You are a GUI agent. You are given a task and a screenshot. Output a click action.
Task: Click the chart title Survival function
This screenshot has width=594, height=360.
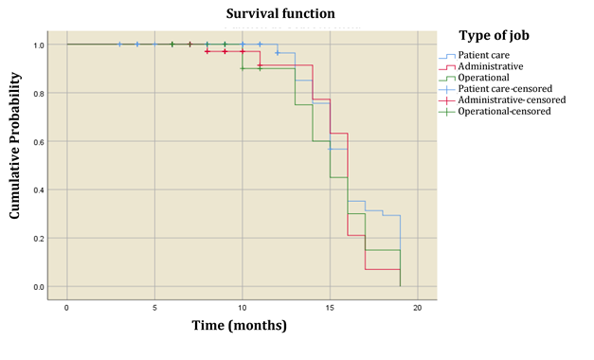[x=279, y=14]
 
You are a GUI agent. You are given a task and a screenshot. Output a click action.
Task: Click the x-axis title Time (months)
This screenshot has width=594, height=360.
[x=240, y=325]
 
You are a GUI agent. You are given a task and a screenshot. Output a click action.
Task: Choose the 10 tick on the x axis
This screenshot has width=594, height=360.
[x=242, y=308]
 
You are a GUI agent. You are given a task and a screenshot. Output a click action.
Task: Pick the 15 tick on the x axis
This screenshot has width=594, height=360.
[x=330, y=308]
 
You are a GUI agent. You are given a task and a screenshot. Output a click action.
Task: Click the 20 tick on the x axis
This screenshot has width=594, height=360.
[x=418, y=308]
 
